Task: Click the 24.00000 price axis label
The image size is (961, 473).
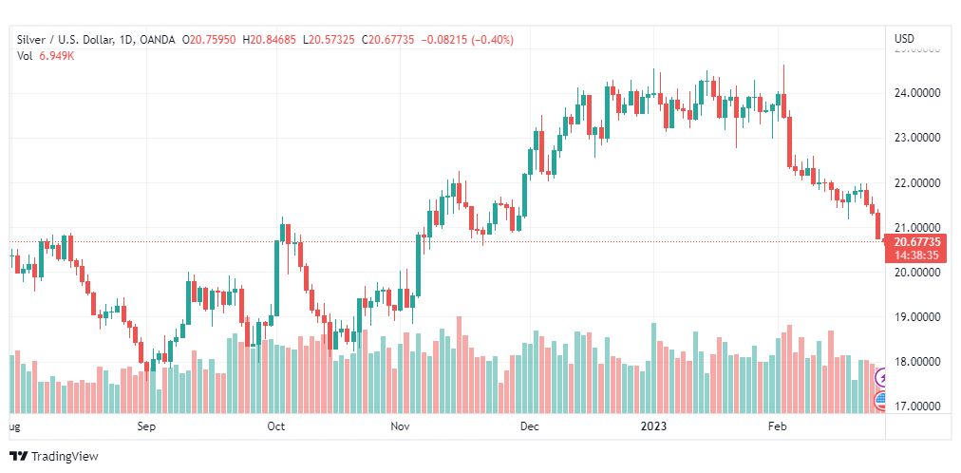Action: point(916,93)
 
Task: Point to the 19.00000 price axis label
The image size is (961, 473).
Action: point(916,316)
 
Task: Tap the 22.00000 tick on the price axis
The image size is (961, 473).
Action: point(916,182)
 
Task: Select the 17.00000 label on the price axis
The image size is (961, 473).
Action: point(916,407)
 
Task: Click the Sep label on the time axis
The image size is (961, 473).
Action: point(145,426)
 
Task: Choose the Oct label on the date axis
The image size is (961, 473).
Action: point(276,426)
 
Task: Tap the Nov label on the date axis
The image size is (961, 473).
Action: point(400,426)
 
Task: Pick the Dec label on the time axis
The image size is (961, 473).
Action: point(529,426)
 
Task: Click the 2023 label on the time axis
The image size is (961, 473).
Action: point(653,426)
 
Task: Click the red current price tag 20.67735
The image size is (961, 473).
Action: point(916,242)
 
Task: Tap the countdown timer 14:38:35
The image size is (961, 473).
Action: point(916,255)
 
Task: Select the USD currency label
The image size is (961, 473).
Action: point(904,39)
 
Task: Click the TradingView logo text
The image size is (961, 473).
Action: point(65,457)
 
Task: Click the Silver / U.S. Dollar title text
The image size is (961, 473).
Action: point(64,39)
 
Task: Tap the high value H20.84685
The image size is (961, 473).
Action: point(270,39)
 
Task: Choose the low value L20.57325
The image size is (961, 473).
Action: point(330,39)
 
